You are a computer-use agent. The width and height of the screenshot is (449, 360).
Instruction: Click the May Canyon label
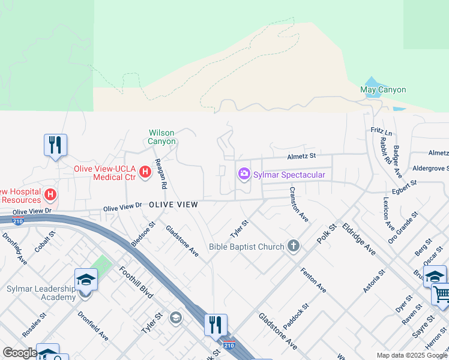[383, 90]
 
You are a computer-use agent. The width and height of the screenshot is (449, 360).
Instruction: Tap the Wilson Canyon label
[163, 137]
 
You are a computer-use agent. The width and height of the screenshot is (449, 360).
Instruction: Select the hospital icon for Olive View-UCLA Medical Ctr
[145, 173]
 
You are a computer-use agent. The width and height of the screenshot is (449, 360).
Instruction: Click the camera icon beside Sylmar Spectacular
[244, 174]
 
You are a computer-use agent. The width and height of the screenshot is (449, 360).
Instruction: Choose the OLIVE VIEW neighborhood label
[173, 205]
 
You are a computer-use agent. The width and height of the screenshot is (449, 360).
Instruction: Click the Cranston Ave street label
[298, 205]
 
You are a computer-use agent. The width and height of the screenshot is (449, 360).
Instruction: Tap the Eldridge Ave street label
[358, 239]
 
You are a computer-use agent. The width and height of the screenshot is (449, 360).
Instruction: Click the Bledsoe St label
[143, 233]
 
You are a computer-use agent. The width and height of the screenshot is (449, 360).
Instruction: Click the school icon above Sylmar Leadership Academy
[86, 279]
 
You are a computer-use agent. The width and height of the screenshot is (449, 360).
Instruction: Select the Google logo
[20, 353]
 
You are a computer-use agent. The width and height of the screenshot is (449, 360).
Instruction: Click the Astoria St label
[376, 280]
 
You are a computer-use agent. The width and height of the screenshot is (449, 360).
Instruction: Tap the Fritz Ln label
[381, 131]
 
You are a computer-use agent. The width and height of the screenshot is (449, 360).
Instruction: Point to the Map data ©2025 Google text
[411, 355]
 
